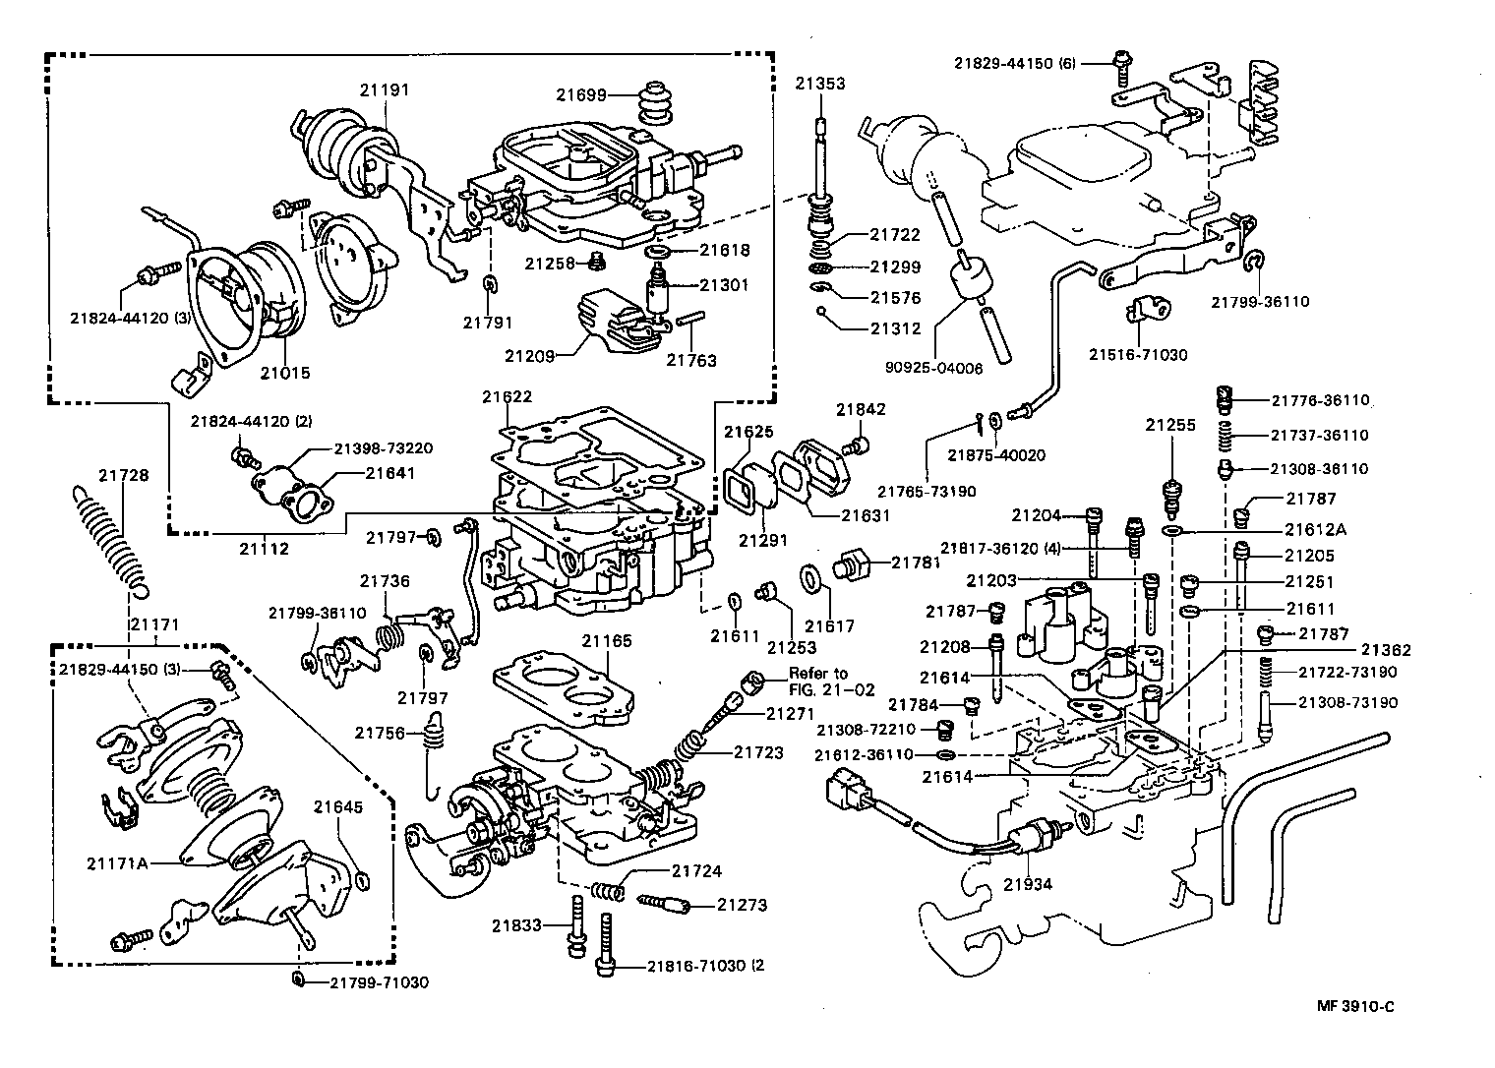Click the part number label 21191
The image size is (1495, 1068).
tap(384, 89)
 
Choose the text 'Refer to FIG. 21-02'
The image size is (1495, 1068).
tap(831, 682)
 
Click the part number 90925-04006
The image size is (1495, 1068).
tap(934, 368)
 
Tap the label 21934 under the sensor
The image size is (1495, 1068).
tap(1028, 884)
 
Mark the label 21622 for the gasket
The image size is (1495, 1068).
tap(507, 397)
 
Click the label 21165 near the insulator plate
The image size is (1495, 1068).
tap(606, 641)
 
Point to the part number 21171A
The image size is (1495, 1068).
tap(117, 863)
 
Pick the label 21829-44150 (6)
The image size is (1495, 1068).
tap(1015, 63)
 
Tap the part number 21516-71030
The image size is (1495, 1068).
tap(1137, 354)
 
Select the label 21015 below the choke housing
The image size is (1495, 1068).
tap(285, 374)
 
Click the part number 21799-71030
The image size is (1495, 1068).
tap(379, 982)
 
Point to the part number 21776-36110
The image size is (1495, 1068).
tap(1320, 400)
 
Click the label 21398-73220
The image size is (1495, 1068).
tap(383, 448)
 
